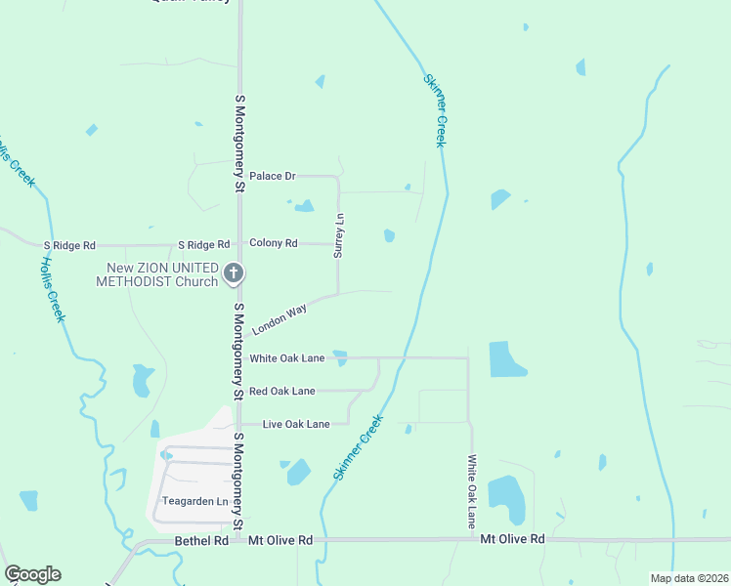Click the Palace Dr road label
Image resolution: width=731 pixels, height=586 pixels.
[272, 176]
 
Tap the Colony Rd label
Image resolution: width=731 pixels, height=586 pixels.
[273, 243]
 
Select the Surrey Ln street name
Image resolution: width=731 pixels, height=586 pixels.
[339, 235]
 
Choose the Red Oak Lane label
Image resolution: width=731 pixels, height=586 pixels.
[281, 391]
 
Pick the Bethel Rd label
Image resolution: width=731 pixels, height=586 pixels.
[200, 540]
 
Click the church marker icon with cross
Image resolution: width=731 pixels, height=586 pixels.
[233, 274]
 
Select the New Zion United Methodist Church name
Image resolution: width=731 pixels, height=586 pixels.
[156, 274]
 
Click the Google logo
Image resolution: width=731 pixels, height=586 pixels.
[32, 574]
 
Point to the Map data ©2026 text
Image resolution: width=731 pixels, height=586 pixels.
[689, 578]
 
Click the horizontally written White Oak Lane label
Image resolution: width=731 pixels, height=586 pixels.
[286, 358]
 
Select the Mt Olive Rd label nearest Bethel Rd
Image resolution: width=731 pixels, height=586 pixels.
[280, 540]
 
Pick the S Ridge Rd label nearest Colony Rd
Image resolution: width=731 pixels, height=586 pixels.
[203, 244]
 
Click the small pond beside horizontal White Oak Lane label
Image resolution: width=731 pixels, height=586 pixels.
[339, 357]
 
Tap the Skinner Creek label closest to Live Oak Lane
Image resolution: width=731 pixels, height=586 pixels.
[358, 447]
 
